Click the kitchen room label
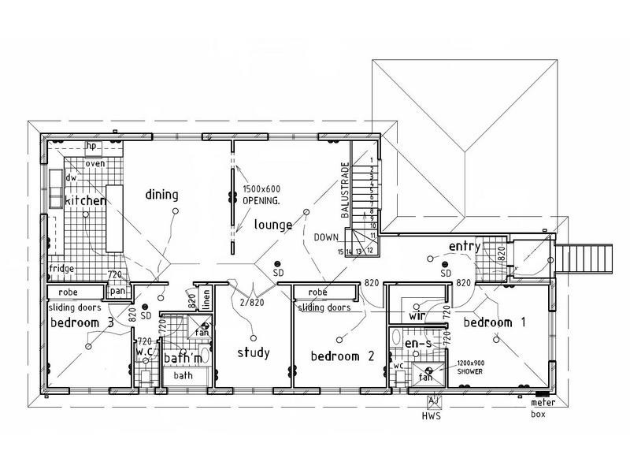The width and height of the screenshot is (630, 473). pos(85,200)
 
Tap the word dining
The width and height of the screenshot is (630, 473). pos(161,195)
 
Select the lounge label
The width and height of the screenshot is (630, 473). pos(273,225)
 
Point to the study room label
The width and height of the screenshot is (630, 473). pos(254,352)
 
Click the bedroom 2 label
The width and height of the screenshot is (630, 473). pos(343,356)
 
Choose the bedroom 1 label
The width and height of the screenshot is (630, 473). pos(495,322)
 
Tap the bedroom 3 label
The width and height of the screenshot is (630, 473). pos(82,322)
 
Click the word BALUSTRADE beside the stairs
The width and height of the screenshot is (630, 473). pos(345,190)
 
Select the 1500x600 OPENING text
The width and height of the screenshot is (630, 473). pos(261,195)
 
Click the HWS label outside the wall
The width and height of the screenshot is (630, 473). pos(432,416)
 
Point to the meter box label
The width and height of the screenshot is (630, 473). pos(543,408)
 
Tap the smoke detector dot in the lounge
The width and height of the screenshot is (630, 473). pos(277,264)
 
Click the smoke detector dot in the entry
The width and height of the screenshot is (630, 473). pos(445,264)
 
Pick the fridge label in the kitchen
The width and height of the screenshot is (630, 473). pos(61,268)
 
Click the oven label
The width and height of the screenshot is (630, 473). pos(95,164)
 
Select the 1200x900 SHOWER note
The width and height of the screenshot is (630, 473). pos(470,367)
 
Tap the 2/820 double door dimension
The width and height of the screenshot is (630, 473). pos(252,303)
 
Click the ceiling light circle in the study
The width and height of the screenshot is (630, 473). pos(253,338)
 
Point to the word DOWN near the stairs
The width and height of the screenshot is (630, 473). pos(326,237)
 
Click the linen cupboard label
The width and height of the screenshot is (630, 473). pos(206,300)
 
